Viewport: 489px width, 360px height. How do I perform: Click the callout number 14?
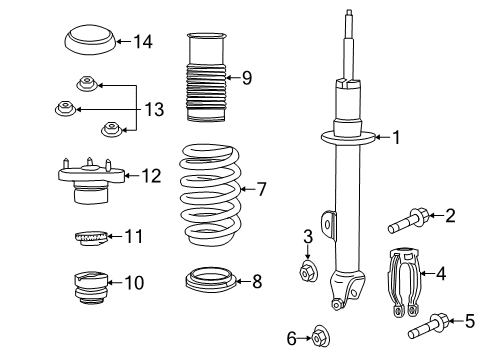tap(143, 41)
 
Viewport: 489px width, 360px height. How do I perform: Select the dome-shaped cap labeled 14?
tap(88, 43)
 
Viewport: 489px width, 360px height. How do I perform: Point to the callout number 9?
tap(247, 76)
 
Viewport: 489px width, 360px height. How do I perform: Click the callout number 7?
tap(262, 187)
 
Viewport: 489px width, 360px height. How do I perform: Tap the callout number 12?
tap(150, 177)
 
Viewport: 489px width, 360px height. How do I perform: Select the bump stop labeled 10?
tap(90, 285)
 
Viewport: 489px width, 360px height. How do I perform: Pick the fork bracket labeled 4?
tap(404, 285)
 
